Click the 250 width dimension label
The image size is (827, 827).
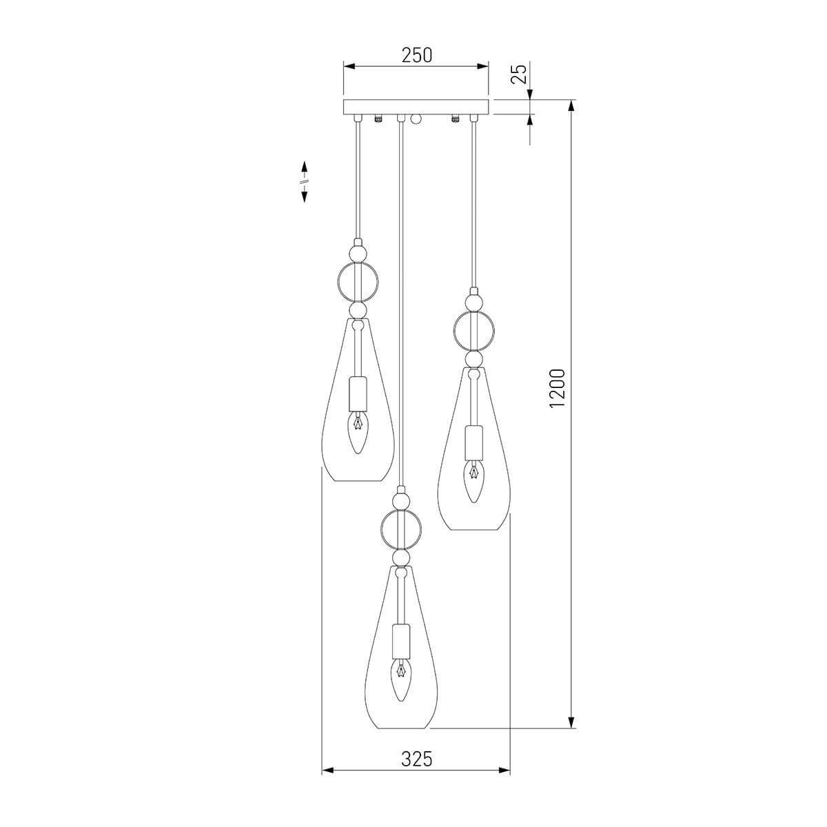point(416,55)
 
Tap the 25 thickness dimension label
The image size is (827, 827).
point(520,74)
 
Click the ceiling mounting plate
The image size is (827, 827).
point(416,107)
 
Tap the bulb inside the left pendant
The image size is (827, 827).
point(357,433)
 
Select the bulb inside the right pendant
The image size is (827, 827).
point(473,480)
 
